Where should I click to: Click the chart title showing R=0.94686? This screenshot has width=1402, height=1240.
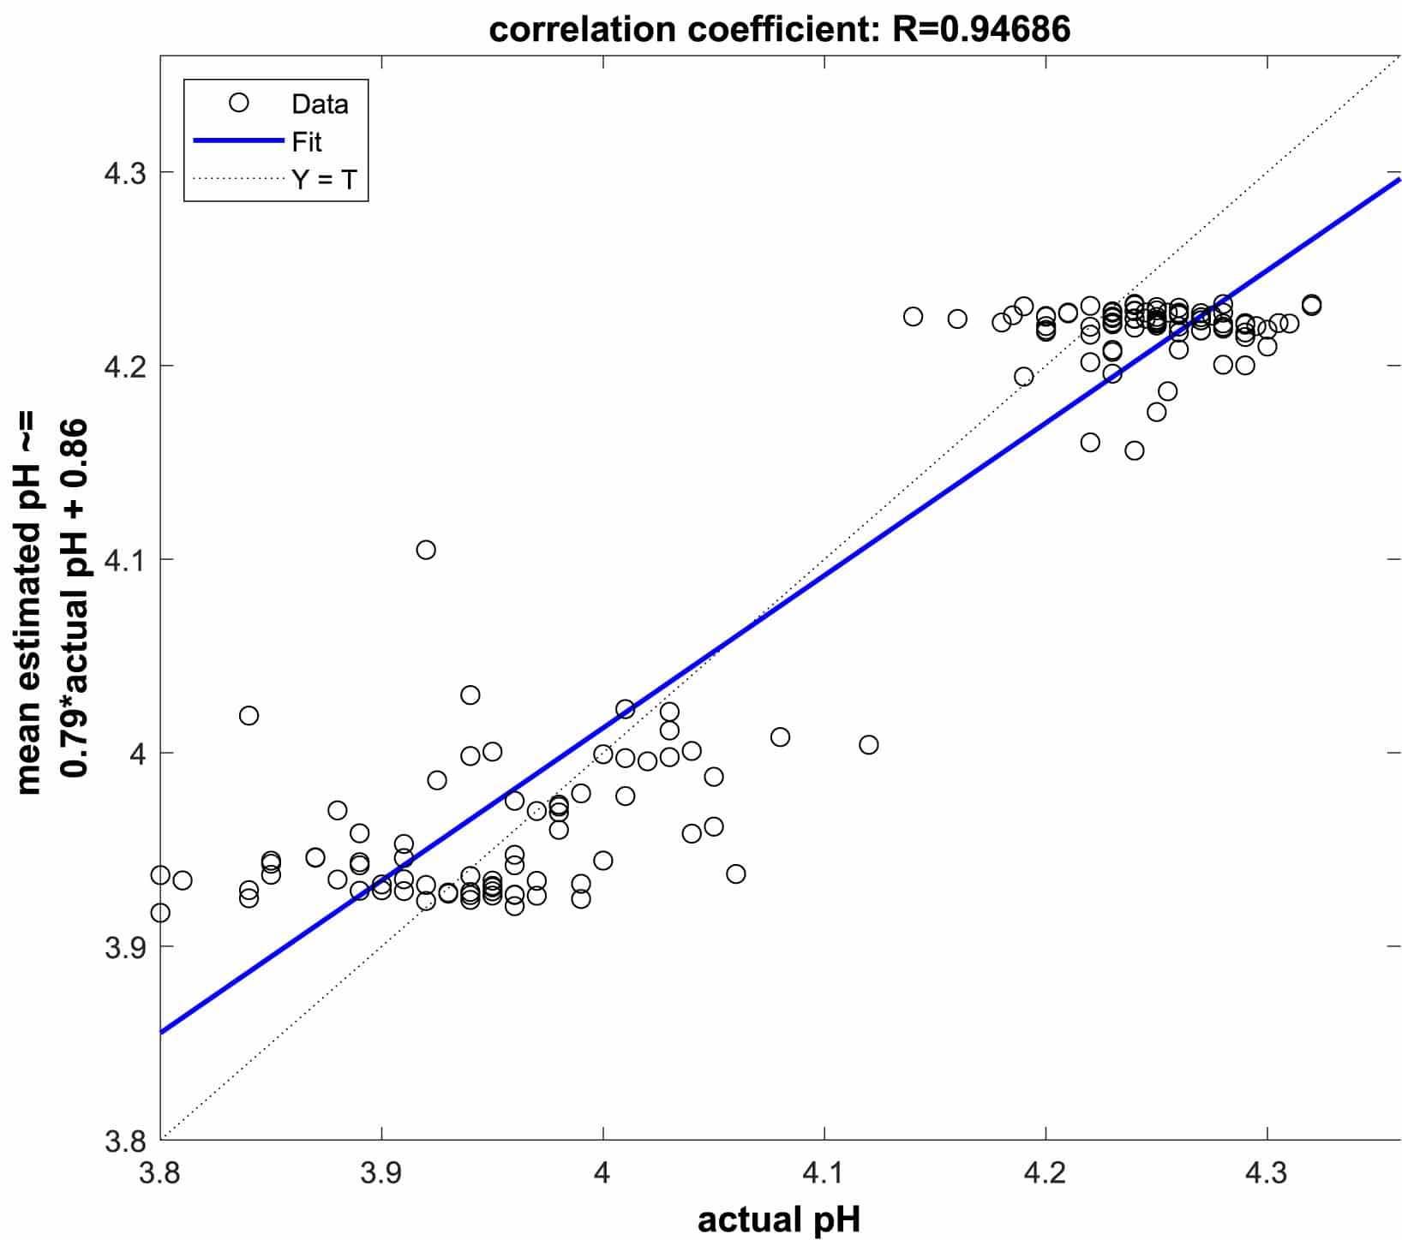point(779,29)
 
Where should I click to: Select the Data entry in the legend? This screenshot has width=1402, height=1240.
point(319,104)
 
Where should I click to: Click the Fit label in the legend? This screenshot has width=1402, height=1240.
point(306,141)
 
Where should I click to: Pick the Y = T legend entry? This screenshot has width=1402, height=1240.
point(323,180)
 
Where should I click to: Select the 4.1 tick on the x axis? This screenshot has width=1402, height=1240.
point(824,1172)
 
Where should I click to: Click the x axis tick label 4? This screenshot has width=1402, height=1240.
point(602,1172)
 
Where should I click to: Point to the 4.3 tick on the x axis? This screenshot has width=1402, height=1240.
point(1266,1172)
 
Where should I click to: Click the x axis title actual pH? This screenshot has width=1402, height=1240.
point(778,1219)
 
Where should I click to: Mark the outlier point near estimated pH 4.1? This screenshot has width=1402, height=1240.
point(426,550)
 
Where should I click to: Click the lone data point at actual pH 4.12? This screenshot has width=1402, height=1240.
point(868,745)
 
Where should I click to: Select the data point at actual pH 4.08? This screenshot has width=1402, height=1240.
point(780,737)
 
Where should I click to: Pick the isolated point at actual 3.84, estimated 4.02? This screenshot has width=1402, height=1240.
point(249,715)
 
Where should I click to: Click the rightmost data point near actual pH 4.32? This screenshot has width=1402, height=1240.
point(1311,305)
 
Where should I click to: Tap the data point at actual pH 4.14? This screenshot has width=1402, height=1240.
point(913,317)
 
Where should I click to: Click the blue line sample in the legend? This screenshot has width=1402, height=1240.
point(237,140)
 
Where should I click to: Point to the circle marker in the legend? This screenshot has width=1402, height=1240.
point(238,103)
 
